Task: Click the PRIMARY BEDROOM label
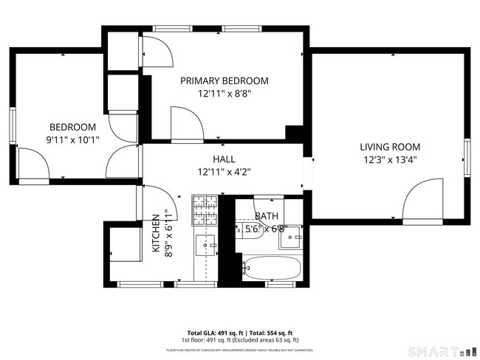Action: click(x=224, y=80)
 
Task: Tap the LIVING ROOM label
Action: click(x=390, y=147)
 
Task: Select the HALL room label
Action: click(x=224, y=159)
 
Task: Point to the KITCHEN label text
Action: click(x=156, y=234)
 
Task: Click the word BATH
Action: click(x=266, y=216)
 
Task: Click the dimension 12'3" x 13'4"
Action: click(x=390, y=159)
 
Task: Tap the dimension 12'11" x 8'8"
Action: click(x=224, y=94)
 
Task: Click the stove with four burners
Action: click(x=205, y=210)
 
